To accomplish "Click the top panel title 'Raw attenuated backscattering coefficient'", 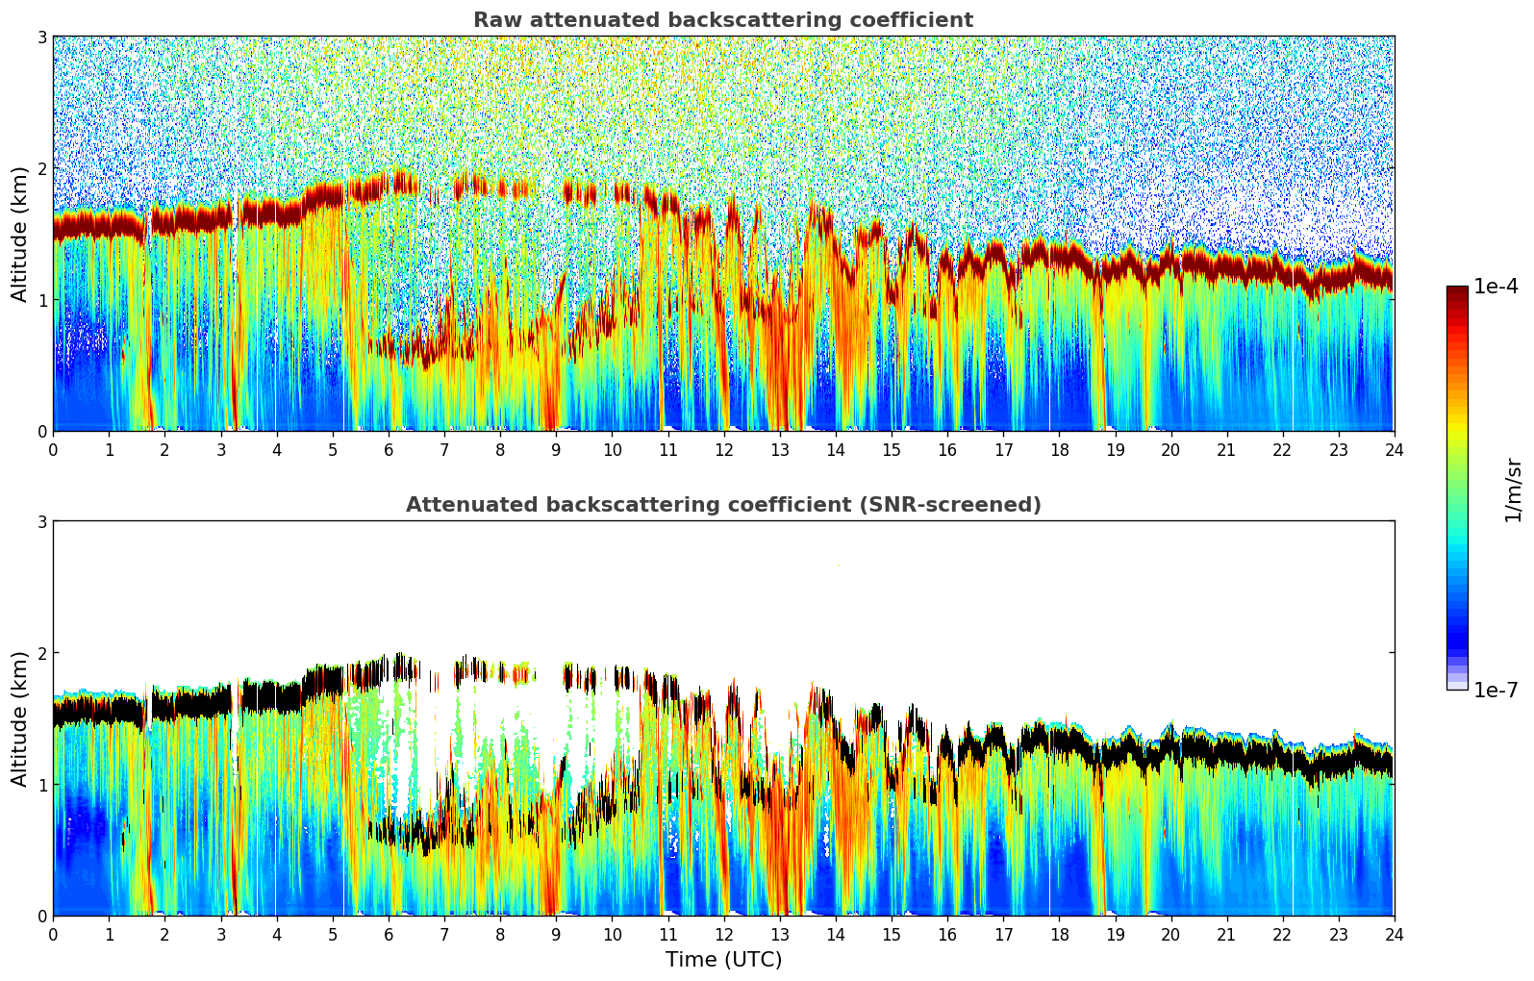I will point(722,20).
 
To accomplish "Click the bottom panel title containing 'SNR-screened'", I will point(722,505).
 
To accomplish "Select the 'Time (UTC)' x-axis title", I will point(723,959).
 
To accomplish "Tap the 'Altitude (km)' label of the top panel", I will point(19,234).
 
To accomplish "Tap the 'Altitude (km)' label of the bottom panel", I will point(19,718).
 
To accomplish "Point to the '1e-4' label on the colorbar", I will point(1496,287).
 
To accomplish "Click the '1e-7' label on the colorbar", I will point(1496,690).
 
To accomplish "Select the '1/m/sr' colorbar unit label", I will point(1513,489).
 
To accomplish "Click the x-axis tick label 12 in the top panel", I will point(723,449).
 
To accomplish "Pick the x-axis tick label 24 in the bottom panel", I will point(1394,934).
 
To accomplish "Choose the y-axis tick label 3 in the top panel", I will point(42,37).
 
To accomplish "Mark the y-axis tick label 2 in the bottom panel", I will point(42,653).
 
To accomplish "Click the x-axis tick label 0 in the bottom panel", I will point(53,934).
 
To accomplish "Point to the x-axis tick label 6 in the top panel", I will point(389,449).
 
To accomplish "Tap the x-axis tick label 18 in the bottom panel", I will point(1059,934).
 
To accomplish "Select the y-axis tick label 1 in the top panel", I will point(42,300).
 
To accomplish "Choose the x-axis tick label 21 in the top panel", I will point(1226,449).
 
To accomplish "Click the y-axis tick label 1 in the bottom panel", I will point(42,785).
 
